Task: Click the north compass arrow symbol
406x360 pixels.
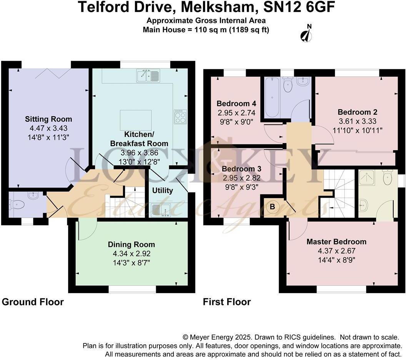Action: (307, 34)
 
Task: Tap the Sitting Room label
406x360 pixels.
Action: (48, 119)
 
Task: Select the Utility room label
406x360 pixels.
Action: (163, 190)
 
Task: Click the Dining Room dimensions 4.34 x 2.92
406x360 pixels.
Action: (131, 253)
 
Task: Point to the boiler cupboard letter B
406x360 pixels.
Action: (272, 207)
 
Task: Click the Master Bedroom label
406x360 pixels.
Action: (336, 242)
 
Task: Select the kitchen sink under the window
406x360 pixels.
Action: (148, 76)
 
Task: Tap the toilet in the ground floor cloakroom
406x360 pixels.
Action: (17, 204)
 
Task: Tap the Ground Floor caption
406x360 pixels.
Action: (33, 302)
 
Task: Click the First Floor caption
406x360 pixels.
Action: (227, 302)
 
